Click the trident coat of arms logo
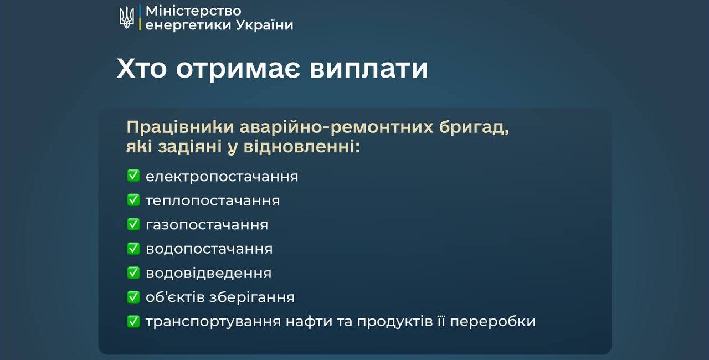127,17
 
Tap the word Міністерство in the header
193,11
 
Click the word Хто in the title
141,69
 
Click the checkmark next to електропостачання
133,176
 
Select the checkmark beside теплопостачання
133,200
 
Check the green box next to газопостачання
133,224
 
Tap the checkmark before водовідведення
133,272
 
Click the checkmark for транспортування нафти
133,321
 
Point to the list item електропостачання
222,177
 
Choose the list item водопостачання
209,249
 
